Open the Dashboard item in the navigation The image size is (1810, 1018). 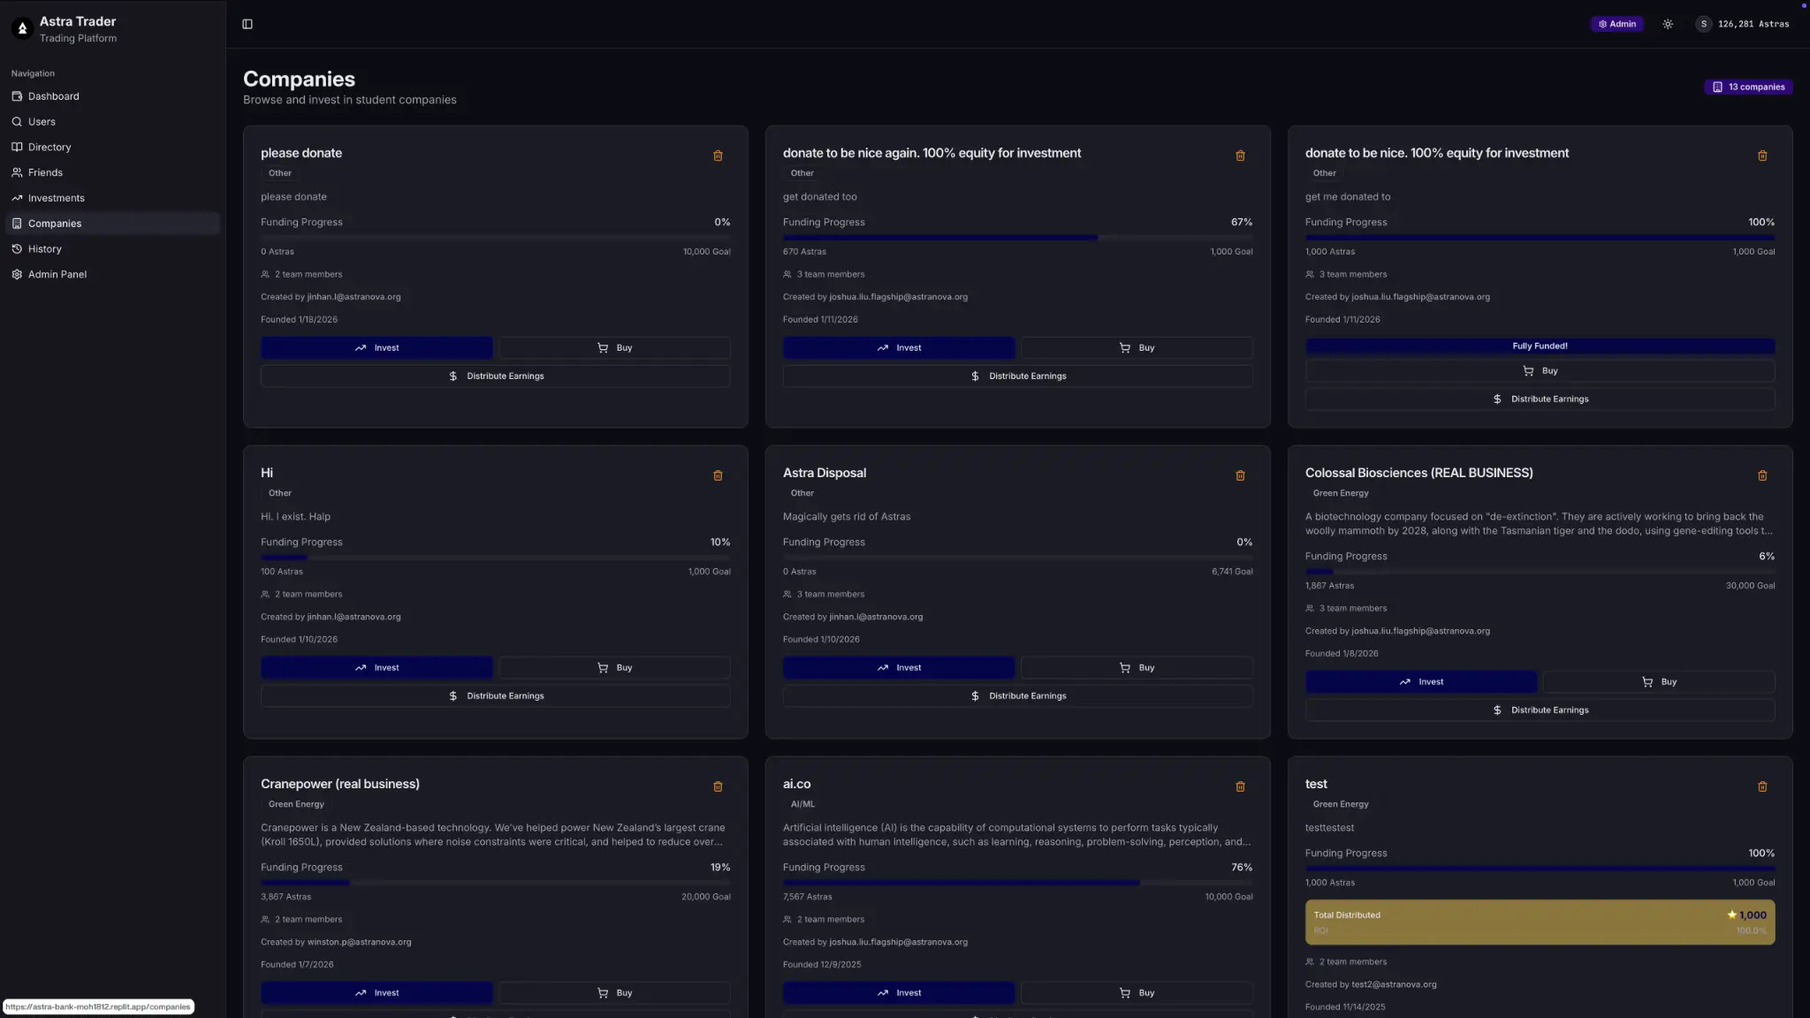[x=53, y=96]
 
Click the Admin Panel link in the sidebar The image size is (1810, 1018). [x=57, y=275]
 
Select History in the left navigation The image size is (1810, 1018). [x=44, y=249]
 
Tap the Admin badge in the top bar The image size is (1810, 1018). [x=1616, y=24]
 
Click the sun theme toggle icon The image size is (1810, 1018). [x=1668, y=24]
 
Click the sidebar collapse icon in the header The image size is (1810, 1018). [x=247, y=24]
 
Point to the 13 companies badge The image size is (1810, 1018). [x=1748, y=87]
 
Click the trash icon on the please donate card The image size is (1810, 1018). [x=718, y=156]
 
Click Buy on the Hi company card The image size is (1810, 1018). [x=614, y=668]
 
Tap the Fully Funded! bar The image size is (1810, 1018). [x=1540, y=346]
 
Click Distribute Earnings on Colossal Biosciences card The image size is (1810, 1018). [x=1540, y=710]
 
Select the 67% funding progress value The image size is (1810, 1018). [x=1241, y=223]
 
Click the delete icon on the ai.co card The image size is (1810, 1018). [x=1240, y=786]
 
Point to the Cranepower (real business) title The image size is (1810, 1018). [x=339, y=784]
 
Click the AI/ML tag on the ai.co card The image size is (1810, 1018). [x=802, y=804]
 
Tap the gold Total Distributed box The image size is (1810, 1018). [x=1540, y=922]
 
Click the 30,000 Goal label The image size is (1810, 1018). [x=1749, y=586]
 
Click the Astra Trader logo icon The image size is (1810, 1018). [x=23, y=29]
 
